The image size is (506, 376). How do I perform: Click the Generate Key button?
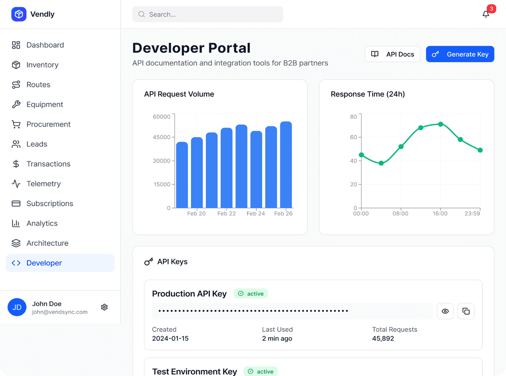click(460, 54)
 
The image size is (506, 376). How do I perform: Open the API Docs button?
click(392, 54)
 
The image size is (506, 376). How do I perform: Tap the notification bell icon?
click(486, 14)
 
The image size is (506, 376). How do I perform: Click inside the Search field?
click(207, 14)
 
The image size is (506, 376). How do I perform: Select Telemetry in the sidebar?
click(43, 184)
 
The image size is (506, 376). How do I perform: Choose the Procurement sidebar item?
click(48, 124)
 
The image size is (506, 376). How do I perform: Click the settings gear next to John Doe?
click(104, 307)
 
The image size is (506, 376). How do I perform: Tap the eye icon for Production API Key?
click(445, 311)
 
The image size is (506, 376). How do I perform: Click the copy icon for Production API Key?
click(466, 311)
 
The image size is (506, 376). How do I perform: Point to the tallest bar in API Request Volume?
click(286, 164)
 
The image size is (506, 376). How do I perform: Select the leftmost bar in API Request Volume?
click(182, 175)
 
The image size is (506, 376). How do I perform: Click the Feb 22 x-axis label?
click(226, 213)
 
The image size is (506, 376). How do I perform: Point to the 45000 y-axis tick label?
click(161, 137)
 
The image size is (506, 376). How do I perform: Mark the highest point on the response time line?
click(440, 124)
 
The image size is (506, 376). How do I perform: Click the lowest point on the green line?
click(381, 163)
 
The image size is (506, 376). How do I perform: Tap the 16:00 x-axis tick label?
click(440, 213)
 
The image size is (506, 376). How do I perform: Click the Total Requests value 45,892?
click(383, 338)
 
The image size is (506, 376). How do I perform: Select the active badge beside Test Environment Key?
click(260, 371)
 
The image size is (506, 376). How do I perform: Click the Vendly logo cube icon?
click(19, 14)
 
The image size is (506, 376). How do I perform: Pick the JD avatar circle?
click(17, 307)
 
